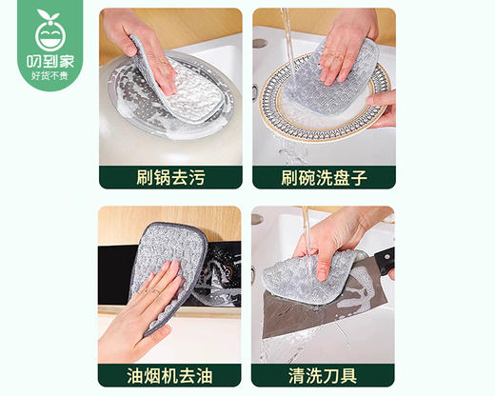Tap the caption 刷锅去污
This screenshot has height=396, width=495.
click(170, 176)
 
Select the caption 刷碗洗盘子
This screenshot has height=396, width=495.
click(324, 176)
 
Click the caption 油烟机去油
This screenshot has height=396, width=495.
click(170, 373)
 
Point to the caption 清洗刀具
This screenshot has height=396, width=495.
click(324, 373)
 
